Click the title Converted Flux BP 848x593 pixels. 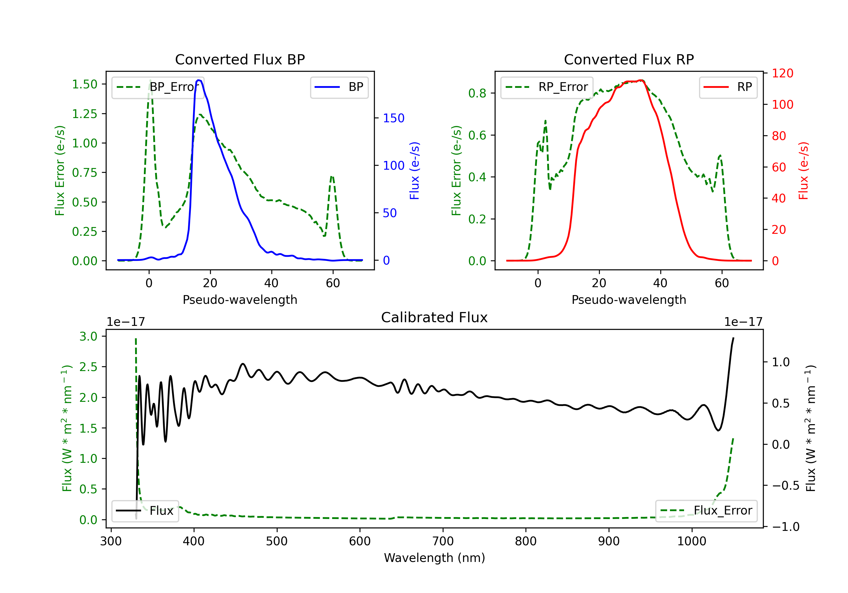tap(240, 59)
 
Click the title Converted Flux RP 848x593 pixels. tap(629, 59)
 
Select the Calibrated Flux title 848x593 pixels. tap(434, 317)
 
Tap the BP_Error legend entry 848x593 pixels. tap(158, 87)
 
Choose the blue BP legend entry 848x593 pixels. tap(339, 87)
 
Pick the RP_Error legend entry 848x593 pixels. tap(547, 87)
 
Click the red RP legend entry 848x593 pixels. tap(728, 87)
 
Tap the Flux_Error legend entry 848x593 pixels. tap(706, 511)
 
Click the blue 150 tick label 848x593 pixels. tap(394, 118)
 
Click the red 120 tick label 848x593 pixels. tap(783, 73)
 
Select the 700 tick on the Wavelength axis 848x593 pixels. tap(443, 541)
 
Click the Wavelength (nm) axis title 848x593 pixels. tap(434, 558)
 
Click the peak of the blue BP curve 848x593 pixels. tap(199, 80)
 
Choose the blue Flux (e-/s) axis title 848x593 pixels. tap(414, 171)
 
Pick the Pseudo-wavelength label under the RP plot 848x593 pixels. tap(629, 300)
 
